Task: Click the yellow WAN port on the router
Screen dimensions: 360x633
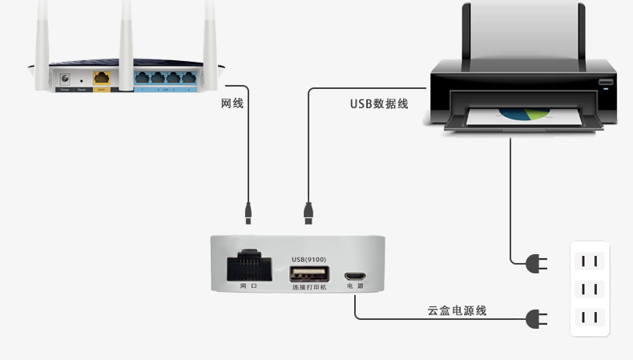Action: pyautogui.click(x=102, y=79)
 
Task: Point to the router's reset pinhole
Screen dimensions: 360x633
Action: pyautogui.click(x=80, y=80)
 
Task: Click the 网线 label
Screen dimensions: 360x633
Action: pyautogui.click(x=232, y=103)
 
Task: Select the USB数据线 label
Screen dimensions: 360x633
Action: pyautogui.click(x=379, y=103)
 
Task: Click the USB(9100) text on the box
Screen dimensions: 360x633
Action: pyautogui.click(x=308, y=259)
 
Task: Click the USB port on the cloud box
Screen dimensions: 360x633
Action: pyautogui.click(x=308, y=273)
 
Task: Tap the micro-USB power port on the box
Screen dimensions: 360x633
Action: pyautogui.click(x=355, y=274)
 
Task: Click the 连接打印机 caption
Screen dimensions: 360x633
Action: pyautogui.click(x=308, y=286)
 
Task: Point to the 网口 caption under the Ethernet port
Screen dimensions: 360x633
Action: pyautogui.click(x=248, y=286)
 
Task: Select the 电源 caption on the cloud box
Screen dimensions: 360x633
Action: pyautogui.click(x=355, y=286)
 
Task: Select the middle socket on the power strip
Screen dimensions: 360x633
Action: pyautogui.click(x=590, y=289)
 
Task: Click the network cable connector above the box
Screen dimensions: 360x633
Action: pyautogui.click(x=249, y=212)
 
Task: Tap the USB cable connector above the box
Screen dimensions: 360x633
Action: pyautogui.click(x=308, y=212)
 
